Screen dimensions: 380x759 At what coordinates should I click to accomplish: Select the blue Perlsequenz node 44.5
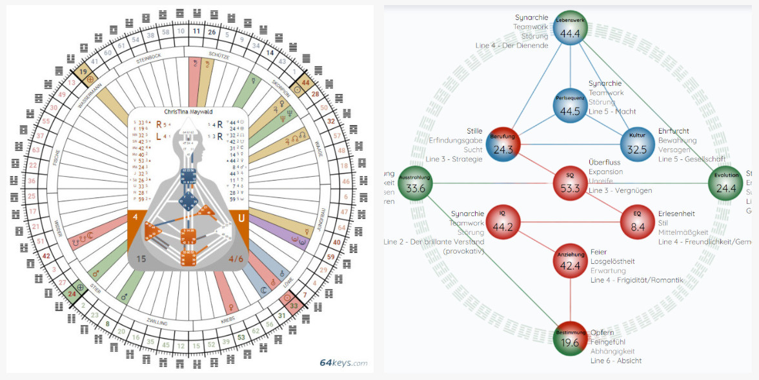point(571,106)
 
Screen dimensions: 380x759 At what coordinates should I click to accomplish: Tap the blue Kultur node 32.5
point(637,145)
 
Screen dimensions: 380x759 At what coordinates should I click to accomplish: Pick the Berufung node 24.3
point(503,145)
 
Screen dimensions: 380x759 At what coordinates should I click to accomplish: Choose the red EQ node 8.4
point(637,222)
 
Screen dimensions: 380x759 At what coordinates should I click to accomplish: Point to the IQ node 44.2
point(503,222)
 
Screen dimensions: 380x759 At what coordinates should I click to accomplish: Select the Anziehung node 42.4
point(570,261)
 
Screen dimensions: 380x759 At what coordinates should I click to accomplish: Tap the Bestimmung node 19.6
point(570,338)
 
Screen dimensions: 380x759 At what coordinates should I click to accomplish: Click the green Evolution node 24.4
point(727,184)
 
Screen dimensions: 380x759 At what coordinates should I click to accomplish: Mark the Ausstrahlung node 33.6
point(415,184)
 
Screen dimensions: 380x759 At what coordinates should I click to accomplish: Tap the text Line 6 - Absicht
point(616,361)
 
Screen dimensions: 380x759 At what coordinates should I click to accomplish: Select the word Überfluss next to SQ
point(604,163)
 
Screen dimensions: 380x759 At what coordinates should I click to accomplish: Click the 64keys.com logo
point(343,363)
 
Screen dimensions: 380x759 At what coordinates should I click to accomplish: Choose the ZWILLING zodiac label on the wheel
point(157,322)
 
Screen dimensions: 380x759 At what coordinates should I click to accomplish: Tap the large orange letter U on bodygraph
point(241,219)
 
